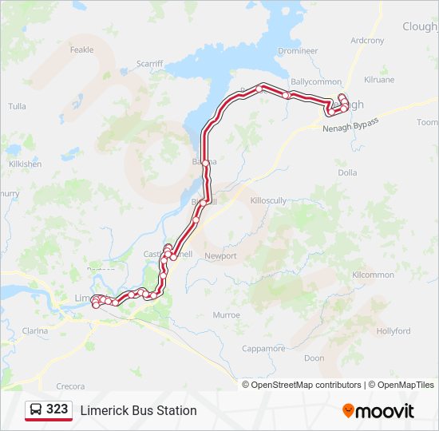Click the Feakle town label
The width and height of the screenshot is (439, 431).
coord(82,49)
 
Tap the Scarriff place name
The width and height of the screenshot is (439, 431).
coord(149,63)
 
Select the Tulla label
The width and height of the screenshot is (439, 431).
coord(17,106)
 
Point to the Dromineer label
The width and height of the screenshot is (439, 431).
coord(297,50)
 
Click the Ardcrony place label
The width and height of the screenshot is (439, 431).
coord(367,41)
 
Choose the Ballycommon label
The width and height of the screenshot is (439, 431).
coord(316,81)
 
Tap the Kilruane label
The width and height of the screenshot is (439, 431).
coord(379,80)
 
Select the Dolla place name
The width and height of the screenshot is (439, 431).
coord(347,172)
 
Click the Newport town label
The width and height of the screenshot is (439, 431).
coord(221,256)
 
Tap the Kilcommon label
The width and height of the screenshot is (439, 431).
coord(373,275)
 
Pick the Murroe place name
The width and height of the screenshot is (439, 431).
coord(226,315)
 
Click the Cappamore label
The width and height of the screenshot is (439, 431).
coord(263,349)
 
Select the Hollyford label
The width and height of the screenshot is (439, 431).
coord(394,331)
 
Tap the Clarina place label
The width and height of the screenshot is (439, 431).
coord(35,330)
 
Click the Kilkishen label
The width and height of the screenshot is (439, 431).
coord(25,164)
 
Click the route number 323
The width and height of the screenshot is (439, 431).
coord(57,409)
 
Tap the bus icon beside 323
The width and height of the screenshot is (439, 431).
coord(36,410)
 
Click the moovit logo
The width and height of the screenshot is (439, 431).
coord(378,411)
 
